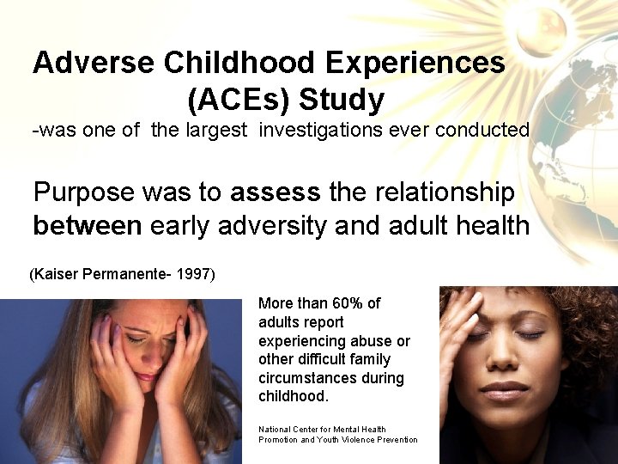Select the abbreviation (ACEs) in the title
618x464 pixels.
238,101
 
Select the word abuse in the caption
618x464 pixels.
373,341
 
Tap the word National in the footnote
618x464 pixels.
280,429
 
